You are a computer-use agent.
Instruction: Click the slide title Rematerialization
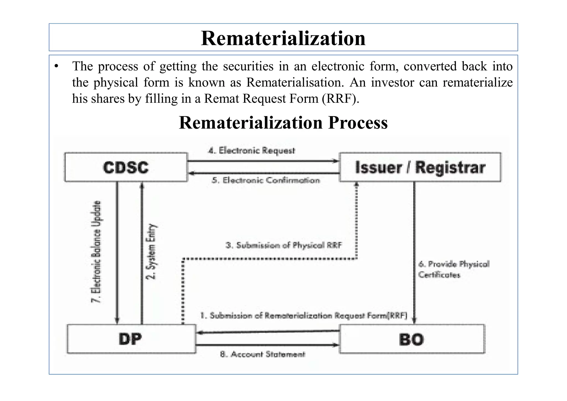click(x=283, y=38)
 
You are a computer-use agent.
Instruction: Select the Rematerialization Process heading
click(x=283, y=123)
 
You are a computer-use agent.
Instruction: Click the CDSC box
click(x=126, y=168)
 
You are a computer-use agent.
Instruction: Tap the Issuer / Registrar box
click(x=420, y=168)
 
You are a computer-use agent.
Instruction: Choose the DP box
click(x=131, y=339)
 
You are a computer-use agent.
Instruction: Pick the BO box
click(x=412, y=339)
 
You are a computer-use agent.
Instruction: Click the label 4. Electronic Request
click(x=251, y=151)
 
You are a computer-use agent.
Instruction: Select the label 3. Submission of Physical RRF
click(x=284, y=245)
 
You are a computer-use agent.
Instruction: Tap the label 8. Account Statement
click(x=262, y=354)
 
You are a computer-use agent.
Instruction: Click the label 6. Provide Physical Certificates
click(x=453, y=269)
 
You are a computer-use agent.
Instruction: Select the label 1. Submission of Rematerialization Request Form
click(x=304, y=316)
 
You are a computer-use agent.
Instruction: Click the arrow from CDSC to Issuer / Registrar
click(x=263, y=161)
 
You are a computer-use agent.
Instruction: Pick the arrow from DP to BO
click(x=267, y=345)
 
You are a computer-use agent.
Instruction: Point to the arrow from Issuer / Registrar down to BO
click(x=414, y=252)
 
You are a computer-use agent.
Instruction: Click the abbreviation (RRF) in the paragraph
click(x=341, y=99)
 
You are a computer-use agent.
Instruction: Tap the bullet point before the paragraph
click(x=57, y=66)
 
